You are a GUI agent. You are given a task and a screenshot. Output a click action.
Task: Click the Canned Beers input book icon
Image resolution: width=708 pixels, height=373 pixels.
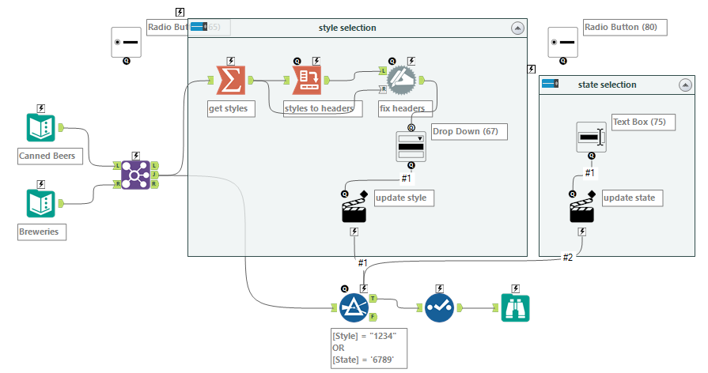[41, 128]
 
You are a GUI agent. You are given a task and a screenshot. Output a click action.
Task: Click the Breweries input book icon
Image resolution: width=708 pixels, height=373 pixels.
[41, 204]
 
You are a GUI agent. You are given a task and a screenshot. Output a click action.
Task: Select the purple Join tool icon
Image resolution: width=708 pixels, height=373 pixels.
[135, 175]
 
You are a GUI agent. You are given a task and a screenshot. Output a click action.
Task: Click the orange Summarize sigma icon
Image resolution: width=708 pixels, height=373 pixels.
[230, 80]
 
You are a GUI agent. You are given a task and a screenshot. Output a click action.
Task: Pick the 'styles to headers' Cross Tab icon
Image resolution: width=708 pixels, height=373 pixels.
[307, 80]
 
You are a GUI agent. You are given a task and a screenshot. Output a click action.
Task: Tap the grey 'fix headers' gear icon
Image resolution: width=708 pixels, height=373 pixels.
[402, 80]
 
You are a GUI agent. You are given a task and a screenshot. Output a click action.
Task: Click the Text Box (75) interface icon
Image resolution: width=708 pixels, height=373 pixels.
[590, 138]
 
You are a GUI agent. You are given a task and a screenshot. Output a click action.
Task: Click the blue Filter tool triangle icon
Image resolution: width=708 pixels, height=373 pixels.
[354, 308]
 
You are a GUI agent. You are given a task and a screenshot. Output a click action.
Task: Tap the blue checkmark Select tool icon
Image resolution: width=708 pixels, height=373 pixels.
[440, 308]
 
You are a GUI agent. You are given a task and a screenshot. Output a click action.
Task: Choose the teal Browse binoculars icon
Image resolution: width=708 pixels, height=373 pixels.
[516, 308]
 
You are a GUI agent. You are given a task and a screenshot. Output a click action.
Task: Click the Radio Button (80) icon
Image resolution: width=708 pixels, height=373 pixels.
[562, 42]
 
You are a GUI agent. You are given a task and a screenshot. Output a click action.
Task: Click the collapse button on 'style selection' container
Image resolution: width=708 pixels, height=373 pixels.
[518, 28]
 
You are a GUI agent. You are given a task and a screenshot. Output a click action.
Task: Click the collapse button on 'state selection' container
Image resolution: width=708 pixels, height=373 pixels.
[686, 85]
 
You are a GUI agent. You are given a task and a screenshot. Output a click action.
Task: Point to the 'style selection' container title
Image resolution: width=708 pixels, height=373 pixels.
[347, 28]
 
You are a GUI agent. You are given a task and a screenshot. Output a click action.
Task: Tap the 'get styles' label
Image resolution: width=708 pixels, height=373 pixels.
[228, 108]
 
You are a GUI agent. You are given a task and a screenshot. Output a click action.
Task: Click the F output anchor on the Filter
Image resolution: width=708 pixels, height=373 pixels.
[373, 318]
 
